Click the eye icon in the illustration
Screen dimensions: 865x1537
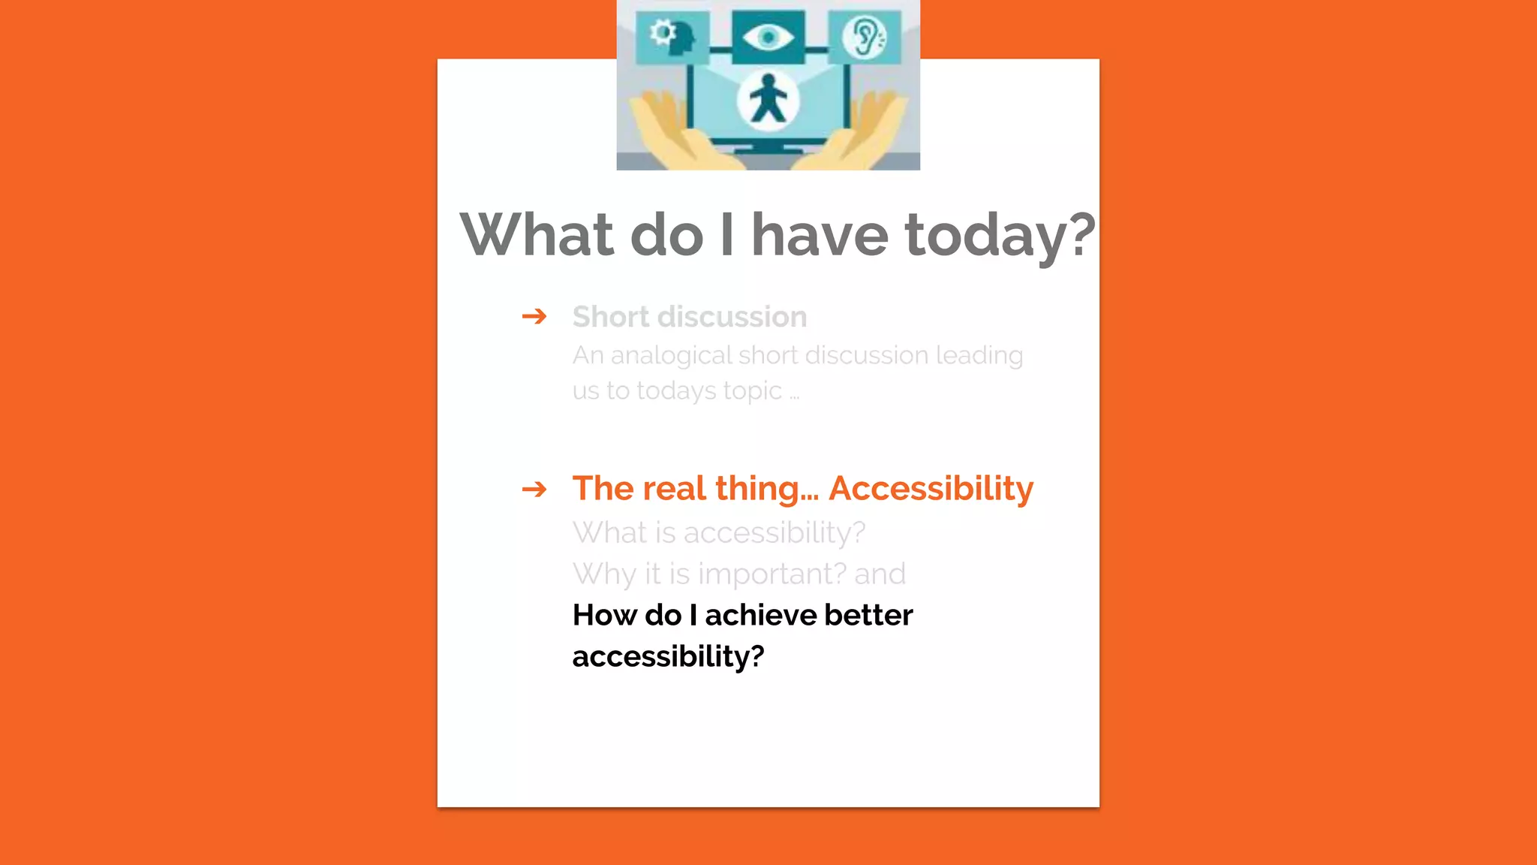pos(768,37)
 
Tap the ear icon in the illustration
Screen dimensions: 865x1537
pos(865,37)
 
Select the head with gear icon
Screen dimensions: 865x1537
pos(672,37)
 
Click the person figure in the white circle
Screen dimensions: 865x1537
pos(767,100)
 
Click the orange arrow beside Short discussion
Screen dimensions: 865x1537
pos(534,316)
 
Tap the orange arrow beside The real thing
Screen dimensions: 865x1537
pos(534,490)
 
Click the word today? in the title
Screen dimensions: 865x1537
pos(1000,236)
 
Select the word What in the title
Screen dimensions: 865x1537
pos(537,234)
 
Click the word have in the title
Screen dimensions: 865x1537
pos(820,234)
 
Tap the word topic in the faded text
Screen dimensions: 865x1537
pos(752,391)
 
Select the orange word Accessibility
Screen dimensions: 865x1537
pos(931,489)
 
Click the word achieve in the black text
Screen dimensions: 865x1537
pos(760,616)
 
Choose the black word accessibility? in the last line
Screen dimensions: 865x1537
pos(668,657)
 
